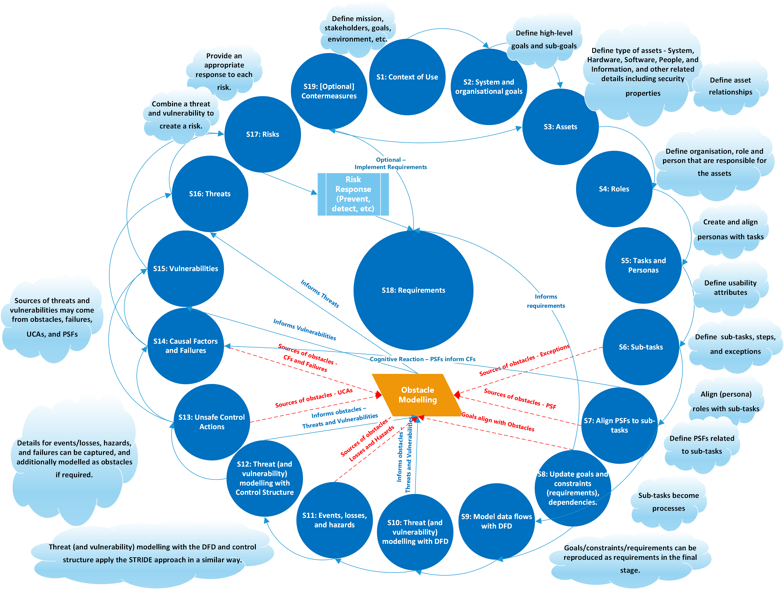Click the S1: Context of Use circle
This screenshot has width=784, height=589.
tap(407, 77)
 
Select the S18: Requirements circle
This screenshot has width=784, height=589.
tap(413, 290)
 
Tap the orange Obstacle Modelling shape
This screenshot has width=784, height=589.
tap(418, 395)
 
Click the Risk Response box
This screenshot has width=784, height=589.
tap(353, 194)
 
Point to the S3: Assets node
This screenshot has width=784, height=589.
tap(560, 127)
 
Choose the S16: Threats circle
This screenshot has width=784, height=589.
tap(210, 194)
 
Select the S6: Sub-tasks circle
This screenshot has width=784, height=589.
tap(641, 347)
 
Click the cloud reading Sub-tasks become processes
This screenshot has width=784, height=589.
tap(668, 502)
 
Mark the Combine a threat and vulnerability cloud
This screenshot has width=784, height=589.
tap(181, 114)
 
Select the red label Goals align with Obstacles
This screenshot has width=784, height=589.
tap(498, 422)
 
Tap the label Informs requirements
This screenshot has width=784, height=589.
tap(546, 301)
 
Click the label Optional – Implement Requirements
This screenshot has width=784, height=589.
tap(391, 163)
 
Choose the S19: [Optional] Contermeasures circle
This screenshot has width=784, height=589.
tap(329, 91)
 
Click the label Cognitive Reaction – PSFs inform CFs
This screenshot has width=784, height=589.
tap(422, 359)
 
